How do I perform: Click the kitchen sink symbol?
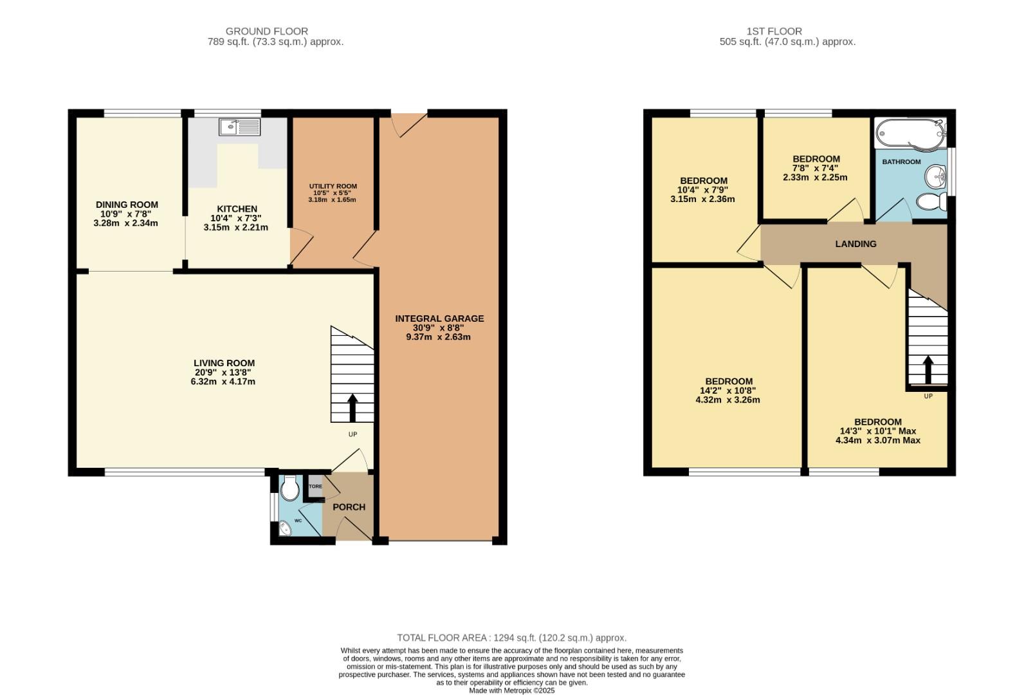pos(239,127)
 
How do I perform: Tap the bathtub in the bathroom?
pos(911,133)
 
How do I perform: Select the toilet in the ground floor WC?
pos(289,489)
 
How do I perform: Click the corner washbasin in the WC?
pos(284,530)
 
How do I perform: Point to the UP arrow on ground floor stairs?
pos(352,407)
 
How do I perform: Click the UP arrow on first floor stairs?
pos(928,369)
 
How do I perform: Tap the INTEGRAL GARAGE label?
pos(439,319)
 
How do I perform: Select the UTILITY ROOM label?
pos(332,186)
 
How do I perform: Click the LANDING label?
pos(855,244)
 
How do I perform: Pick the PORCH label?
pos(349,507)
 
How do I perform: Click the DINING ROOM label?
pos(127,205)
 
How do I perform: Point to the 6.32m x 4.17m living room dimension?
pos(218,382)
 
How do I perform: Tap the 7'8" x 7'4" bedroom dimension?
pos(816,169)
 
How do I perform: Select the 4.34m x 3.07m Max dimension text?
pos(877,441)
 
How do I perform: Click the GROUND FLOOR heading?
pos(266,31)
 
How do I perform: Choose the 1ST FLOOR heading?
pos(774,31)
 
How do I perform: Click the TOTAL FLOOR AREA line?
pos(511,638)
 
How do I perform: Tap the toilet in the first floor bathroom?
pos(931,202)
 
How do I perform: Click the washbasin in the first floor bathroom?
pos(936,175)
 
